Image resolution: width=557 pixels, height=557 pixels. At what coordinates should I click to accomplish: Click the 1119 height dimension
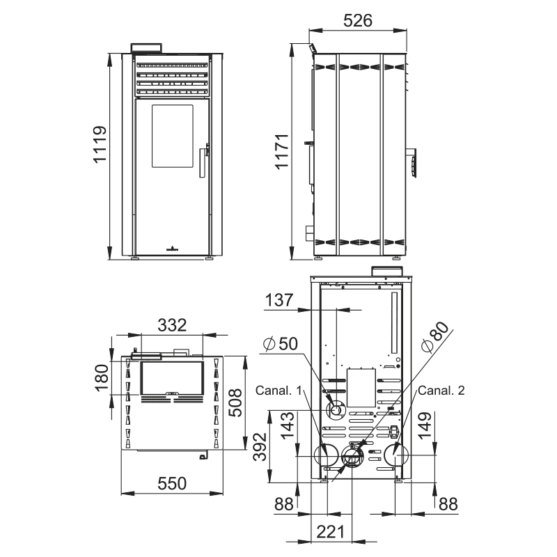click(100, 144)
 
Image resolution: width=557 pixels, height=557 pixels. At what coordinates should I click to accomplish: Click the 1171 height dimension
click(283, 152)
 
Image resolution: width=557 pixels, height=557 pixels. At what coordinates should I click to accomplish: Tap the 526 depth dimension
click(358, 21)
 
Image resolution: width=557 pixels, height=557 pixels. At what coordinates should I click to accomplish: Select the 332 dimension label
click(172, 325)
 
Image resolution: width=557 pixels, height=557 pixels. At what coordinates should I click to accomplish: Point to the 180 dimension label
click(102, 377)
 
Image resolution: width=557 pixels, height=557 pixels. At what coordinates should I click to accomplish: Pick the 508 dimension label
click(235, 403)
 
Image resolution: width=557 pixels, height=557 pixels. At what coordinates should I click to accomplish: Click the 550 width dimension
click(172, 483)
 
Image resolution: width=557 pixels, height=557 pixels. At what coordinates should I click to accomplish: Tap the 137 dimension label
click(279, 300)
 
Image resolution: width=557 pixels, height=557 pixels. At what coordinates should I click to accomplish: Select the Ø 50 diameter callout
click(281, 343)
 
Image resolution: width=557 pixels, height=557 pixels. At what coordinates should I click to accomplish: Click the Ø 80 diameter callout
click(434, 337)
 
